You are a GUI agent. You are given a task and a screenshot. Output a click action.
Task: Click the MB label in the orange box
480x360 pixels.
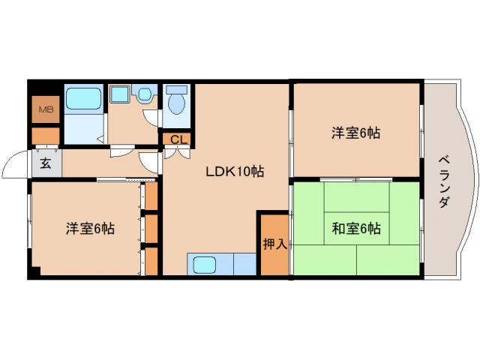click(46, 110)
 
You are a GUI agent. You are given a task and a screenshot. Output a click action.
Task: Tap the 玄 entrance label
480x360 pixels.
click(46, 163)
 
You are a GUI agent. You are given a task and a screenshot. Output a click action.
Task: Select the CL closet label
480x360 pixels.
click(178, 139)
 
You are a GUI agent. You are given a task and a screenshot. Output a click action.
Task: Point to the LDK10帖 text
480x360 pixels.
click(235, 171)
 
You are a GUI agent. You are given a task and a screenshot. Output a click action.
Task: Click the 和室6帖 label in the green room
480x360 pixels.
click(356, 229)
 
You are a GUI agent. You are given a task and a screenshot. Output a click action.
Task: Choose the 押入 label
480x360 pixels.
click(274, 244)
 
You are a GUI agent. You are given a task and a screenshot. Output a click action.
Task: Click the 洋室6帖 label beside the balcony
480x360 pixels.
click(356, 133)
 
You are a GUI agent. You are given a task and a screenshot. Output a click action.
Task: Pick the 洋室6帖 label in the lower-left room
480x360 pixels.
click(89, 229)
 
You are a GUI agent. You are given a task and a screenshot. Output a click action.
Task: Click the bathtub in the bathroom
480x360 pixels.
click(84, 99)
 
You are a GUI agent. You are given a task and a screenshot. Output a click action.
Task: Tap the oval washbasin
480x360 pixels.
click(145, 94)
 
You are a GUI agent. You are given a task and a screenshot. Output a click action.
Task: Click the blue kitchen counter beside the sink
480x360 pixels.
click(244, 265)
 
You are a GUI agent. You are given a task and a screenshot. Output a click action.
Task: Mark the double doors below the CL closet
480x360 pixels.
click(178, 153)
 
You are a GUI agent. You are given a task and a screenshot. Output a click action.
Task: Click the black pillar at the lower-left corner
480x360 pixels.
click(33, 273)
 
